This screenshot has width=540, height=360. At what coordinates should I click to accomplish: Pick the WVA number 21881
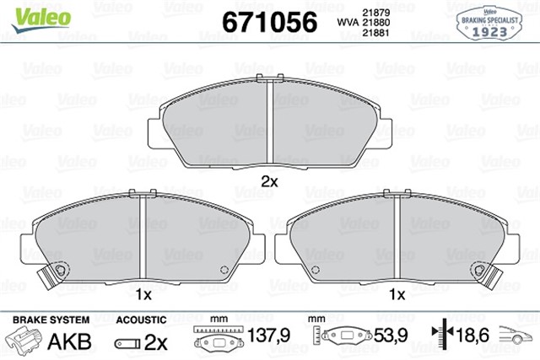coord(375,34)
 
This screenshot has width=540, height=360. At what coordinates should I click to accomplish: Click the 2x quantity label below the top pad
coord(269,180)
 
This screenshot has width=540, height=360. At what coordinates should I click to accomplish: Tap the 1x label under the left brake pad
coord(143,294)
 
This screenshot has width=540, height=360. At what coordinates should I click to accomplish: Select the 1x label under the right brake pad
coord(397,294)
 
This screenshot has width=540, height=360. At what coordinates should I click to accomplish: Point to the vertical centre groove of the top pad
coord(267,123)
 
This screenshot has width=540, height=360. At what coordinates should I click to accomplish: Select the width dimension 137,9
coord(267,336)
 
